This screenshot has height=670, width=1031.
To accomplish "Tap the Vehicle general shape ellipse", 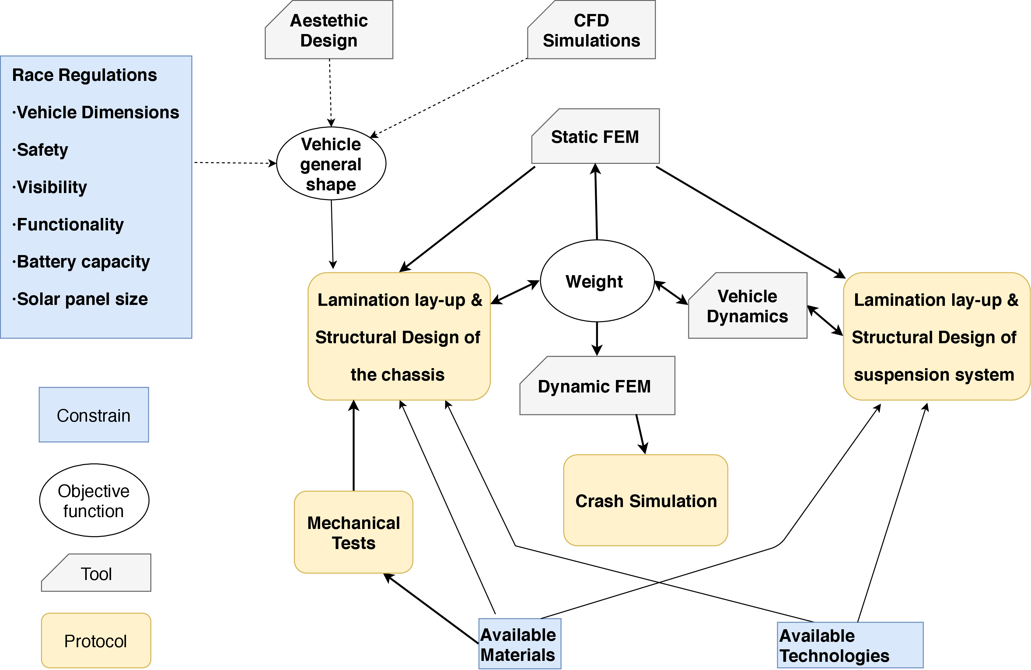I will pos(331,164).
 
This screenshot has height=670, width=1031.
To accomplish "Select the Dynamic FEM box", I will pos(597,386).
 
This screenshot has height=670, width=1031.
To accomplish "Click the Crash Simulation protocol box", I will pos(645,500).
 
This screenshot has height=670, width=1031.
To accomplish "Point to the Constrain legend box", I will pos(93,415).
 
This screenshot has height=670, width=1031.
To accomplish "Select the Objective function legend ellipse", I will pos(94,501).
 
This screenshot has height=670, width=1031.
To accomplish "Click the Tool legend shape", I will pos(96,573).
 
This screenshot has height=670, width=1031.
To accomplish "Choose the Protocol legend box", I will pos(96,641).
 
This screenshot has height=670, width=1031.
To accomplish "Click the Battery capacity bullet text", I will pos(82,262).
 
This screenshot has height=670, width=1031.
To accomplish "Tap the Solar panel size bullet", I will pos(82,299).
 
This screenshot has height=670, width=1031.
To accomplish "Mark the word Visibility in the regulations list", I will pos(51,187).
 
